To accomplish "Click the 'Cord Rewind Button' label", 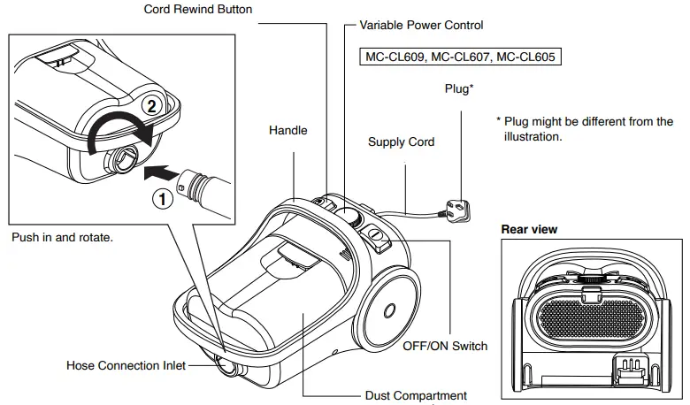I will (198, 9).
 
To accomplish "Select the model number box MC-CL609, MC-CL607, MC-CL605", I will (461, 57).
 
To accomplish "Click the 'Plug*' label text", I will (458, 88).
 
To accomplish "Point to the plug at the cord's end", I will (457, 210).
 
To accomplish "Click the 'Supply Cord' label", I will (401, 141).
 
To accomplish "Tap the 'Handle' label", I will (287, 130).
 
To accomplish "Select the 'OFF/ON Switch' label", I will (445, 346).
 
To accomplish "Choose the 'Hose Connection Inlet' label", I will (126, 365).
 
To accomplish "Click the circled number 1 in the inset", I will (160, 199).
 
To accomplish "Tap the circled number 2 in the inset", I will (151, 106).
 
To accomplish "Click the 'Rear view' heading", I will (529, 229).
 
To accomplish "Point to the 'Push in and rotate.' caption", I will (63, 238).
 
